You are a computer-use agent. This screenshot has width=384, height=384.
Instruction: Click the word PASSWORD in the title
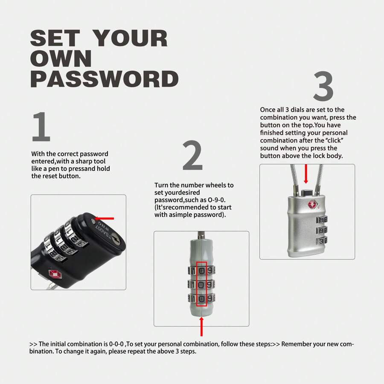(x=104, y=79)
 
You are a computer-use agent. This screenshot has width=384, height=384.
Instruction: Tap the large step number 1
(x=41, y=127)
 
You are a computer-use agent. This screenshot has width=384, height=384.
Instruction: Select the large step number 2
(x=192, y=156)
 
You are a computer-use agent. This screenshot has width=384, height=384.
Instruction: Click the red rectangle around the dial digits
(x=201, y=284)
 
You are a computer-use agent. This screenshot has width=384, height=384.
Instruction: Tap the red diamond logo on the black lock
(x=54, y=273)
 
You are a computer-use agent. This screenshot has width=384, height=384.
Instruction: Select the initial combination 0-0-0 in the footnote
(x=116, y=344)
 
